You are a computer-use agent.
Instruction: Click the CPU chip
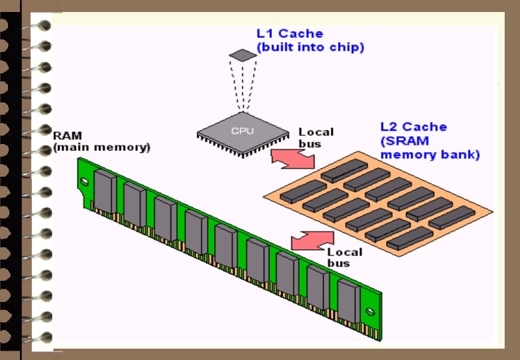(242, 131)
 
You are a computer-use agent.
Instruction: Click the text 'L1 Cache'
(290, 34)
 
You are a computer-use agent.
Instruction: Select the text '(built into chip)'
(310, 48)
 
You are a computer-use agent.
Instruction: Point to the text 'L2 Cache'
(413, 127)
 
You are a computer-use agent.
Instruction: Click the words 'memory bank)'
(430, 155)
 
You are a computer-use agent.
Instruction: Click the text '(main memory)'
(101, 147)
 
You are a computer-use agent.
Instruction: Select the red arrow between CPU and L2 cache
(293, 159)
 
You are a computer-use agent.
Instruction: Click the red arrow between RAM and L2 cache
(313, 240)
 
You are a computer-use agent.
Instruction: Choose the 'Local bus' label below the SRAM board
(345, 257)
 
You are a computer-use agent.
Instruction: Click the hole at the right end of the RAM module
(371, 311)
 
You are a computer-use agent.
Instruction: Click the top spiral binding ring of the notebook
(44, 26)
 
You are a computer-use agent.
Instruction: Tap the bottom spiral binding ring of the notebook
(44, 337)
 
